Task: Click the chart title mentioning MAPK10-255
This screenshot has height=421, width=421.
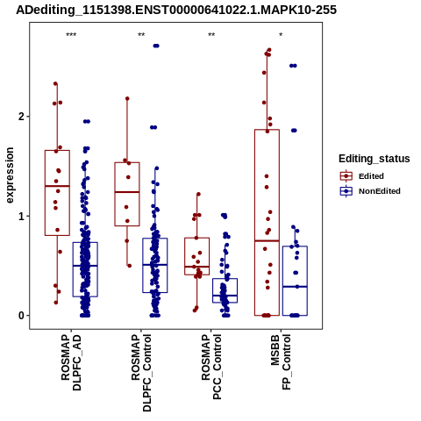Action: [x=176, y=10]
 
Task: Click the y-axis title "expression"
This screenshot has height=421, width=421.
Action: [x=10, y=175]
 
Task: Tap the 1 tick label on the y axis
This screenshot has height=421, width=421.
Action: [x=21, y=217]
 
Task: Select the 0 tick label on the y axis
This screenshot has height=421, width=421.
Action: [x=21, y=316]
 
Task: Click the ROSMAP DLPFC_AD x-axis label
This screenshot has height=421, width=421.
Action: [x=71, y=362]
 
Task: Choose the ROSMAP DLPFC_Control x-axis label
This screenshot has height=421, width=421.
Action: [x=141, y=373]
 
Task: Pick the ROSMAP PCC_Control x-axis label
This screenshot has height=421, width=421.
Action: [x=211, y=367]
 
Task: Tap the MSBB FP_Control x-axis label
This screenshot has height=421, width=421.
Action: [x=282, y=362]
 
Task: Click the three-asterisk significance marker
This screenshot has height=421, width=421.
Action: [x=71, y=35]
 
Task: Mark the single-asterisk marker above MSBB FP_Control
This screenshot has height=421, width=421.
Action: [x=281, y=35]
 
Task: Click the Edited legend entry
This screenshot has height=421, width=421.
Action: [x=362, y=176]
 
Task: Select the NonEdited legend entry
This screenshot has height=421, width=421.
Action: [x=370, y=191]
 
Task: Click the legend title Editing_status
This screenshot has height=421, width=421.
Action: [x=375, y=159]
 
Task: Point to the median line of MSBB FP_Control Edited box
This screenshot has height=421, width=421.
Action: [x=267, y=241]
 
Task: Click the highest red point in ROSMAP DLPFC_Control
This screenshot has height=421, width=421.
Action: [x=127, y=98]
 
